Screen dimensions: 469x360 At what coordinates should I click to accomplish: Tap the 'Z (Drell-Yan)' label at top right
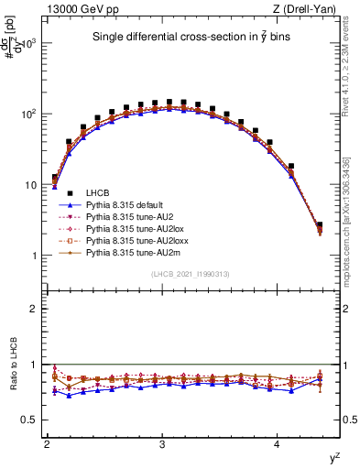307,9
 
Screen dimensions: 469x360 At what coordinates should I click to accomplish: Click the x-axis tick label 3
162,444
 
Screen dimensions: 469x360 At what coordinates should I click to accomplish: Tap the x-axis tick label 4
278,444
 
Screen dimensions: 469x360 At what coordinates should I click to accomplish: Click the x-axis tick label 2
47,444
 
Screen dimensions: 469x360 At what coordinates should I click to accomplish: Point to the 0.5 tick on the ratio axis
30,420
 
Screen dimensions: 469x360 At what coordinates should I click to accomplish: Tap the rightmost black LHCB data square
320,224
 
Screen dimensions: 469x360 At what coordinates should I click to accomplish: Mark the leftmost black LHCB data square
55,178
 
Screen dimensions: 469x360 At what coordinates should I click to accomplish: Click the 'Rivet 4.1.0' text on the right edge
352,82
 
